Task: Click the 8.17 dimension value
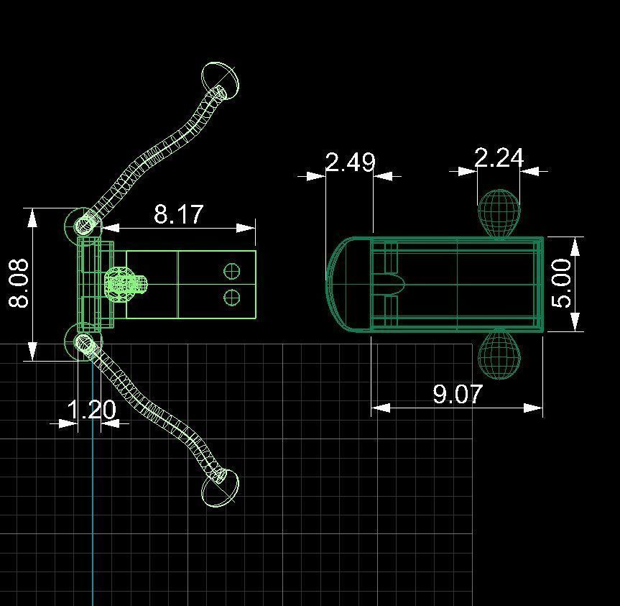(x=178, y=214)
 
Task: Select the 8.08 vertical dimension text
(x=19, y=284)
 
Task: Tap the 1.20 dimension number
(x=91, y=410)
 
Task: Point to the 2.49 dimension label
(x=350, y=162)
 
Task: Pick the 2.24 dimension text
(x=499, y=157)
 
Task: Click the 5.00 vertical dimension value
(x=562, y=283)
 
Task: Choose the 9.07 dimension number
(x=457, y=394)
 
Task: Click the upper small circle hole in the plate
(x=231, y=271)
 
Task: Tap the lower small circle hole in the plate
(x=231, y=297)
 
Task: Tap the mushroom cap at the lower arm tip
(x=220, y=489)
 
